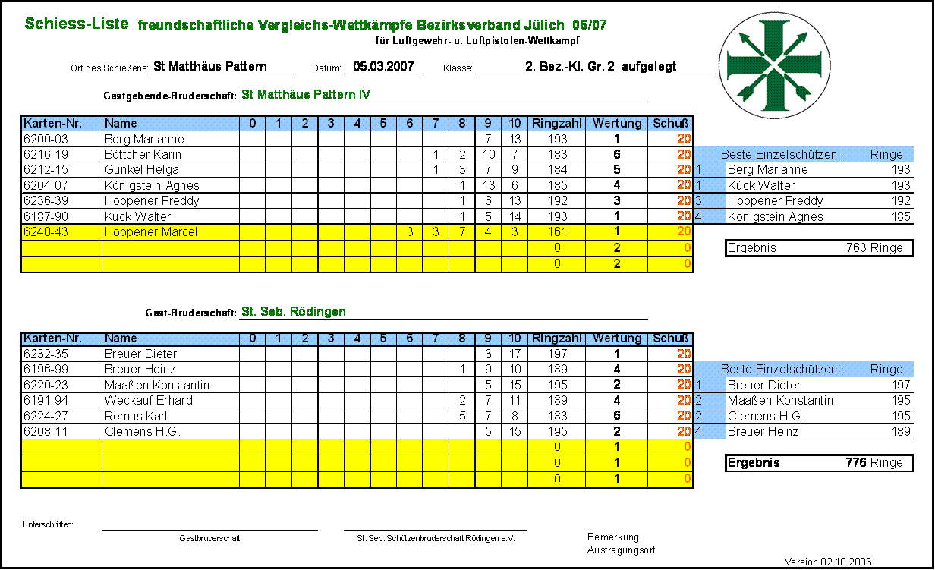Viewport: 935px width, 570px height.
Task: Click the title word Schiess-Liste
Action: pyautogui.click(x=77, y=24)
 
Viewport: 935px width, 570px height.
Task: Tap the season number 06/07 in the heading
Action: pyautogui.click(x=590, y=25)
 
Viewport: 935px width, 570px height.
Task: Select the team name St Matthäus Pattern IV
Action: pyautogui.click(x=306, y=95)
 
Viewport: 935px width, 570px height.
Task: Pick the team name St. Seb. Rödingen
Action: pyautogui.click(x=294, y=312)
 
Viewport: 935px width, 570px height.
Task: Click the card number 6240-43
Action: pyautogui.click(x=46, y=232)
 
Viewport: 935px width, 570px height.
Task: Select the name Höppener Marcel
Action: pyautogui.click(x=150, y=232)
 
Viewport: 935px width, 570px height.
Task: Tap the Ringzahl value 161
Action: pyautogui.click(x=557, y=232)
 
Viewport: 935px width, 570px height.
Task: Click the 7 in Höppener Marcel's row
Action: pyautogui.click(x=461, y=232)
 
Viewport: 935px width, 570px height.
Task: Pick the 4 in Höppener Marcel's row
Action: pyautogui.click(x=488, y=232)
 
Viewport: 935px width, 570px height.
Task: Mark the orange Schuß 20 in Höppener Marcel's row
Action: pyautogui.click(x=684, y=231)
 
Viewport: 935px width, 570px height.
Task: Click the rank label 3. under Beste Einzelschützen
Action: pyautogui.click(x=700, y=201)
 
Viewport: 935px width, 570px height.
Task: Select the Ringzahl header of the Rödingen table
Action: pyautogui.click(x=557, y=339)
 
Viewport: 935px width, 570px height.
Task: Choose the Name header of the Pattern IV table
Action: pyautogui.click(x=121, y=124)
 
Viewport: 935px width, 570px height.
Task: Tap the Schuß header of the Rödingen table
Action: pyautogui.click(x=670, y=339)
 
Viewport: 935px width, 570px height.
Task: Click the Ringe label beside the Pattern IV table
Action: pyautogui.click(x=886, y=155)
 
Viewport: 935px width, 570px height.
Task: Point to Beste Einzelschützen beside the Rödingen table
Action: pyautogui.click(x=780, y=370)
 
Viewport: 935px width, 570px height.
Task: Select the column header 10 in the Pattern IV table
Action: pyautogui.click(x=515, y=124)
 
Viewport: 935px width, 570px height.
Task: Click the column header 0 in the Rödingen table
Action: pyautogui.click(x=253, y=339)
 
